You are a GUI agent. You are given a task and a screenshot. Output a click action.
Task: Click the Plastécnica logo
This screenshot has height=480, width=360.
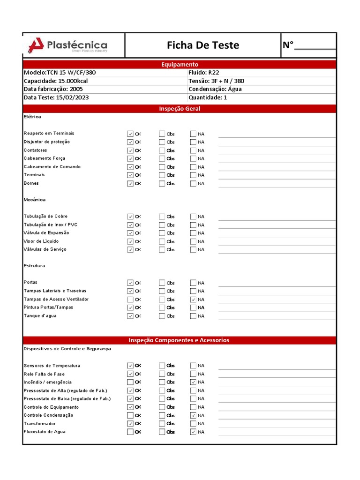tap(68, 45)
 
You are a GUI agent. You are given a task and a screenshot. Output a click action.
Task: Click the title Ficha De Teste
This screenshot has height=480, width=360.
tap(203, 45)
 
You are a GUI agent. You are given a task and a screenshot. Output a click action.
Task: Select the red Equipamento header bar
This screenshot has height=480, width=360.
tap(180, 64)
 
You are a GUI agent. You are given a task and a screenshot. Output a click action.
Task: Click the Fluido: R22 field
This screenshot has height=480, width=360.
tap(203, 73)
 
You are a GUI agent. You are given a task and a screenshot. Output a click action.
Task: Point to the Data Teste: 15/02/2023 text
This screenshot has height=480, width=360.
tap(56, 97)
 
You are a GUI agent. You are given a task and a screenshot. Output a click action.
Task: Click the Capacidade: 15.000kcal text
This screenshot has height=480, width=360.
tap(56, 81)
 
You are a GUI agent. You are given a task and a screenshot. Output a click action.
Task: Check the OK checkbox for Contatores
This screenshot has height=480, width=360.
tap(130, 150)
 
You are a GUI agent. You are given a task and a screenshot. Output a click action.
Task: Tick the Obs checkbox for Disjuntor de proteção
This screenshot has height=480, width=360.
tap(162, 142)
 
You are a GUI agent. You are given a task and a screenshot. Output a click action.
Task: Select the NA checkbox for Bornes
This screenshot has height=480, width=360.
tap(193, 183)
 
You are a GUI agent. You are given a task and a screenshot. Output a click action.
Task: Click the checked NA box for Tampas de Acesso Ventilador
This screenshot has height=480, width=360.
tap(193, 299)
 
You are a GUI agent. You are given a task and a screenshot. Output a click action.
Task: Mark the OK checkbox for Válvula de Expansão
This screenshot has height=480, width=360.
tap(130, 233)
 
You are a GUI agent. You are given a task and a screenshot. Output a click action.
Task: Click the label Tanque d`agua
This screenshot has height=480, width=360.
tap(40, 315)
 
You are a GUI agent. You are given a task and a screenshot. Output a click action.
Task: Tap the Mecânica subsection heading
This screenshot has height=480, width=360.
tap(35, 200)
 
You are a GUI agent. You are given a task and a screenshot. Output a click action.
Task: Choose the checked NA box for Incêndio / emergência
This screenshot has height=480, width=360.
tap(193, 382)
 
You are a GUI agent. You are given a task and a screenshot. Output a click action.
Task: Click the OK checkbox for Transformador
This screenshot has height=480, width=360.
tap(130, 423)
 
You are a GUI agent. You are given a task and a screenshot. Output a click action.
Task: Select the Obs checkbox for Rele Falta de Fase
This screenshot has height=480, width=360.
tap(162, 374)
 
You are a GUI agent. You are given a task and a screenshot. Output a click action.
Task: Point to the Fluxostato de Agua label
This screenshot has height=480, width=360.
tap(45, 432)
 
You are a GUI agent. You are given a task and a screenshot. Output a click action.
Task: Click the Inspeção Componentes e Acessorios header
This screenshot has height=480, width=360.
tap(180, 340)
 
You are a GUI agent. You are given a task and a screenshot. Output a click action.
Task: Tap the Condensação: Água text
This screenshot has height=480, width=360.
tap(215, 89)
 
